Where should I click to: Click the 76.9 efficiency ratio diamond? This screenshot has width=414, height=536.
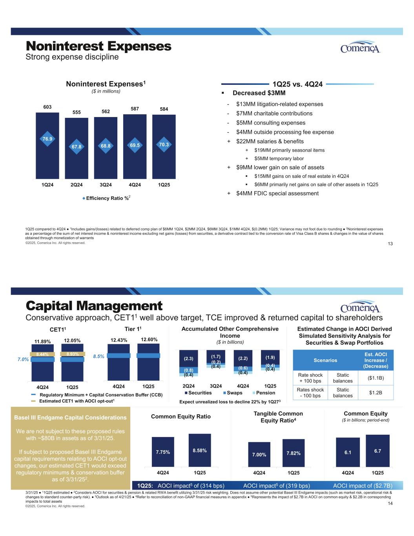point(47,139)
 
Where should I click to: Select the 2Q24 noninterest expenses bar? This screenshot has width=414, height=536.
point(77,148)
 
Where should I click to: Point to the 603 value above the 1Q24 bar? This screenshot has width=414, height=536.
point(47,107)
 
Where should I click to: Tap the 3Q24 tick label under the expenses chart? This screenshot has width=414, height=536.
point(106,185)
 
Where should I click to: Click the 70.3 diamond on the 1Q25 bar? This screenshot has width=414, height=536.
point(164,145)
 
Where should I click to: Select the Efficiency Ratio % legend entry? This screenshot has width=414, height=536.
point(106,198)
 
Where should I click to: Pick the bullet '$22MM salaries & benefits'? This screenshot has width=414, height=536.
point(270,141)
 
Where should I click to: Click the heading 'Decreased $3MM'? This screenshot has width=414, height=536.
point(259,93)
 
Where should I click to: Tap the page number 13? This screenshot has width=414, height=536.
point(390,244)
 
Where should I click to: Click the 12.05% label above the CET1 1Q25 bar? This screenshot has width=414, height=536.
point(72,340)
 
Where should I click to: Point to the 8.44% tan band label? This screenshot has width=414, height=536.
point(42,355)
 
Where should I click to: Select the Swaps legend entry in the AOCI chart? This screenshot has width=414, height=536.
point(233,393)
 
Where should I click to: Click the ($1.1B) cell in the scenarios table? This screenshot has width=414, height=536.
point(376,378)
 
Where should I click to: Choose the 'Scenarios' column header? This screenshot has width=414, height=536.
point(325,360)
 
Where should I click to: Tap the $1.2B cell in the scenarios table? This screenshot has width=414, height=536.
point(376,392)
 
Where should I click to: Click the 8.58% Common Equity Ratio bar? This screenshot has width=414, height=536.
point(200,450)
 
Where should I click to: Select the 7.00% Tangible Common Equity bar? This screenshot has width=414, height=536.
point(259,454)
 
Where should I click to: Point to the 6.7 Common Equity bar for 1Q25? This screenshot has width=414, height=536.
point(378,451)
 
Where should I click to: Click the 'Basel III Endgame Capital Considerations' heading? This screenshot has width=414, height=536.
point(70,417)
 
